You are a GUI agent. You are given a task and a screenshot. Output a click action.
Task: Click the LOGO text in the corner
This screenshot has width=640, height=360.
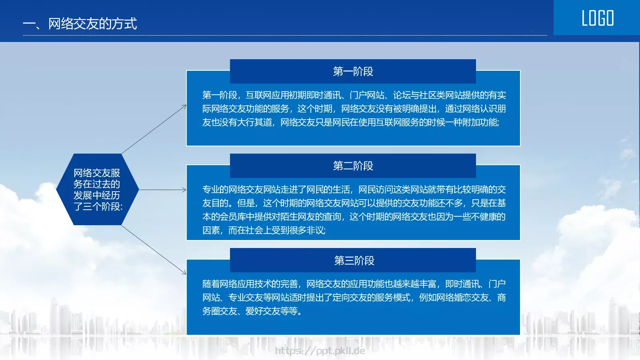click(598, 18)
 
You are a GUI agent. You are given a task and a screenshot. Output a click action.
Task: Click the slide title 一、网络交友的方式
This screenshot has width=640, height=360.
click(80, 24)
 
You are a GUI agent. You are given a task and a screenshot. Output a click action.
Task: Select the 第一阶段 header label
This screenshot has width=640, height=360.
click(353, 72)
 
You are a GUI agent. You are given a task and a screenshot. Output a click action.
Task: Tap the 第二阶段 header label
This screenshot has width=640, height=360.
click(353, 166)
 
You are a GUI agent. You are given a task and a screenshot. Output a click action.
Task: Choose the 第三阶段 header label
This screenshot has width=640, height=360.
click(354, 261)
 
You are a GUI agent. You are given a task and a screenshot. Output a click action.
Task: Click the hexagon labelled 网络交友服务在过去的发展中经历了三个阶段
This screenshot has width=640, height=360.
click(97, 189)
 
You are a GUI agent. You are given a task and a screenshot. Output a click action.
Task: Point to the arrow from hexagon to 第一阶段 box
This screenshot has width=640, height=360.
click(154, 129)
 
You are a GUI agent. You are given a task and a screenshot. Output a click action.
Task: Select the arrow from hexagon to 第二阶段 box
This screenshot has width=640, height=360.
click(162, 190)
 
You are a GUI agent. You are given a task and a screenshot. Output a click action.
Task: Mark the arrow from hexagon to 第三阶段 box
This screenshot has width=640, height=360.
click(154, 250)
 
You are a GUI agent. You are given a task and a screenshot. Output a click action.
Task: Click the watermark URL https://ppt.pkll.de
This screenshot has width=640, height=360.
click(320, 351)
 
